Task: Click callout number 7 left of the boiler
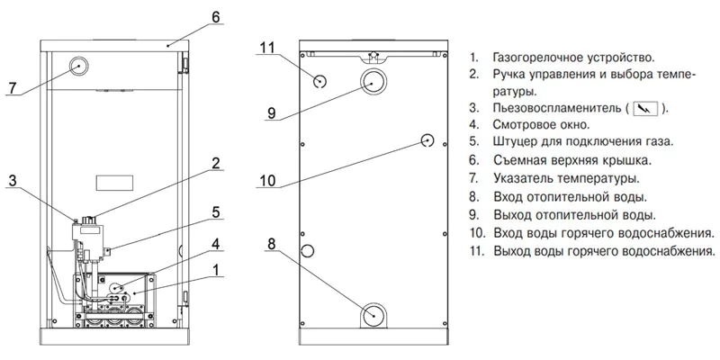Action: [12, 87]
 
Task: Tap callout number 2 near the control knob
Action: [216, 163]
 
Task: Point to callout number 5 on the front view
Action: [216, 212]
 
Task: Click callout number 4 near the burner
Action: [216, 243]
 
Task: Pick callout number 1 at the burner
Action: [216, 269]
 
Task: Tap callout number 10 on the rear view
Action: [267, 180]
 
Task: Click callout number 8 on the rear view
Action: [270, 242]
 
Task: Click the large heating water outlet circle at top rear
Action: [374, 85]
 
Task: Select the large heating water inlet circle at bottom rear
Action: [375, 316]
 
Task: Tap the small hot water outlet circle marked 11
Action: [320, 81]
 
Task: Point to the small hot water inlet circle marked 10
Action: [428, 140]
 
